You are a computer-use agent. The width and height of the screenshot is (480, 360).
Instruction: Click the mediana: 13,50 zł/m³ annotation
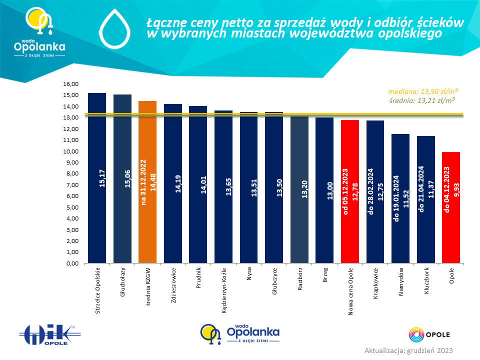pyautogui.click(x=423, y=91)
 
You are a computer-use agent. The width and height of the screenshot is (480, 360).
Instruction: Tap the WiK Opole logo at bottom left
pyautogui.click(x=49, y=335)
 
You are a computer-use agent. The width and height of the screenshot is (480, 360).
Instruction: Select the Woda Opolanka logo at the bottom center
pyautogui.click(x=240, y=334)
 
